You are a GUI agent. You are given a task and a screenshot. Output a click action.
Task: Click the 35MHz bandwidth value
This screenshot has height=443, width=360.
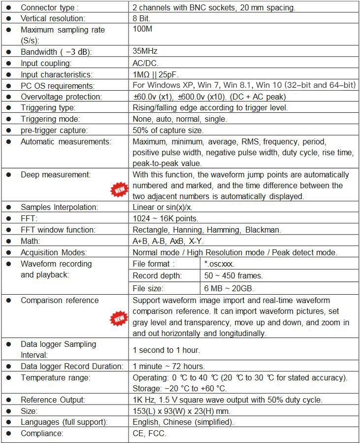145,51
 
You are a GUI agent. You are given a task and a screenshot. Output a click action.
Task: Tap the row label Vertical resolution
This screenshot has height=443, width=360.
53,18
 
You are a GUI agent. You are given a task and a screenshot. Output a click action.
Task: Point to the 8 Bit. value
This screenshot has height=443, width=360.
141,18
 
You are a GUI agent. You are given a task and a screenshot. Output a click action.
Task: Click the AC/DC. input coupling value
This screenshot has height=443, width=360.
146,63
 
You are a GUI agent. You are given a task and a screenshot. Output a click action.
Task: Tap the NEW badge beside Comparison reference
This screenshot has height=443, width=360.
118,318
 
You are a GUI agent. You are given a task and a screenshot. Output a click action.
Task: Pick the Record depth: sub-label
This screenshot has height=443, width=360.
157,275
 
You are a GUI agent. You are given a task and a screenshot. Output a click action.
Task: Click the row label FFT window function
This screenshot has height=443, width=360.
58,230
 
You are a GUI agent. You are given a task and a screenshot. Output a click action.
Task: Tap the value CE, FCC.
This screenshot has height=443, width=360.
150,433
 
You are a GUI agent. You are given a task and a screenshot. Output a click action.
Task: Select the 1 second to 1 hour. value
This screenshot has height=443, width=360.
166,350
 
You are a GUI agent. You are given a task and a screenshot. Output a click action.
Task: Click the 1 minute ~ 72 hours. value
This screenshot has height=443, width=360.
169,366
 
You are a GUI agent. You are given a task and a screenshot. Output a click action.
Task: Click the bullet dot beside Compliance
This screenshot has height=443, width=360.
9,433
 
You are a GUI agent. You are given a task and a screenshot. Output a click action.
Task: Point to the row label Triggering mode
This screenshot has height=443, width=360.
48,119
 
